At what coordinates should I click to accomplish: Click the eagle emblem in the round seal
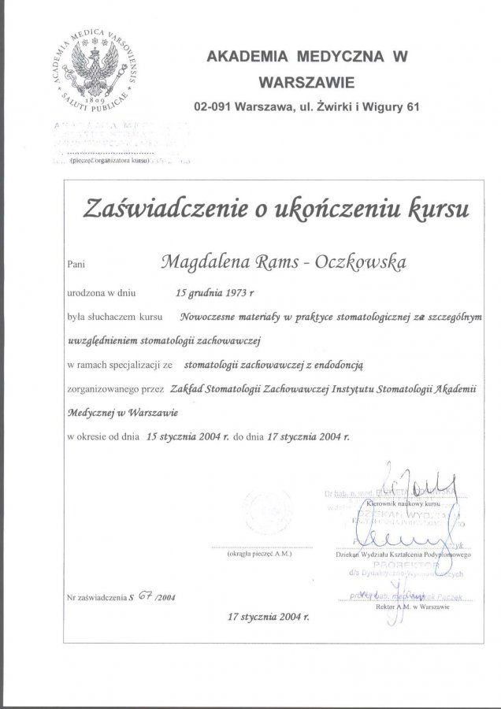click(x=98, y=70)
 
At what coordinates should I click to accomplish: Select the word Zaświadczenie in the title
click(x=166, y=209)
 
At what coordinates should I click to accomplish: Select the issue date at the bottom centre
click(x=265, y=616)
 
